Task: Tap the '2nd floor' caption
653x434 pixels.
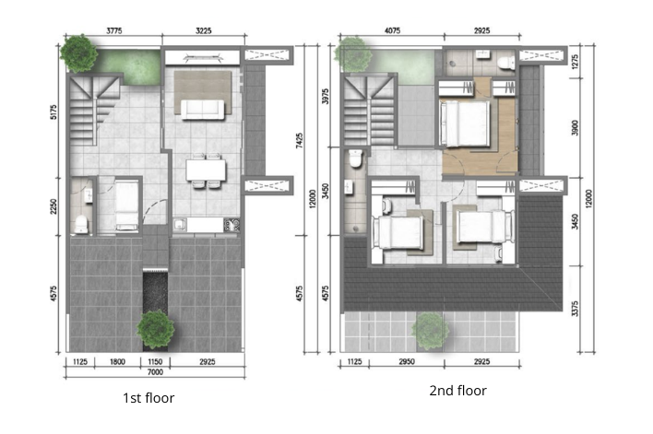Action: point(457,391)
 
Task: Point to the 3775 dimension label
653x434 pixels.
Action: point(113,30)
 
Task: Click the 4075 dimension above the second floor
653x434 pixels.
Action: point(392,30)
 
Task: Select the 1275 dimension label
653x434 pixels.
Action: point(575,62)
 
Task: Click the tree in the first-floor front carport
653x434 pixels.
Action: point(155,327)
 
